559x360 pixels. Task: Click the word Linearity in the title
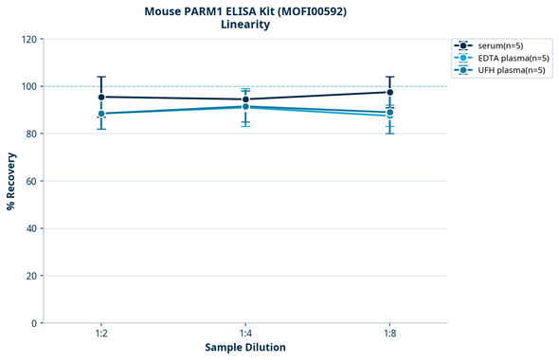244,25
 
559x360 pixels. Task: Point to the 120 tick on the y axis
29,39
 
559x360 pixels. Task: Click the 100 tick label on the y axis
29,86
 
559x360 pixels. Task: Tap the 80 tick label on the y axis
31,134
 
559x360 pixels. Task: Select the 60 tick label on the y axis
31,181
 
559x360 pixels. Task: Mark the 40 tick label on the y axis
31,228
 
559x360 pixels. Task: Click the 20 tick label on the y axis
31,276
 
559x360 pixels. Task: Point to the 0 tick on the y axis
34,323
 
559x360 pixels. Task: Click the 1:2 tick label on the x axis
101,333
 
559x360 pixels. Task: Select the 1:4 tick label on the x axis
245,333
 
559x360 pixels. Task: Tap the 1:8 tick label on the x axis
389,333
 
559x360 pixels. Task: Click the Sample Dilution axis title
245,348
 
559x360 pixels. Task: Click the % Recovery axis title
11,181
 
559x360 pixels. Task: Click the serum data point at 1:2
101,97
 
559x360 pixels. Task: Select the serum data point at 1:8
389,92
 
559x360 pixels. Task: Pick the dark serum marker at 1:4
245,99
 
